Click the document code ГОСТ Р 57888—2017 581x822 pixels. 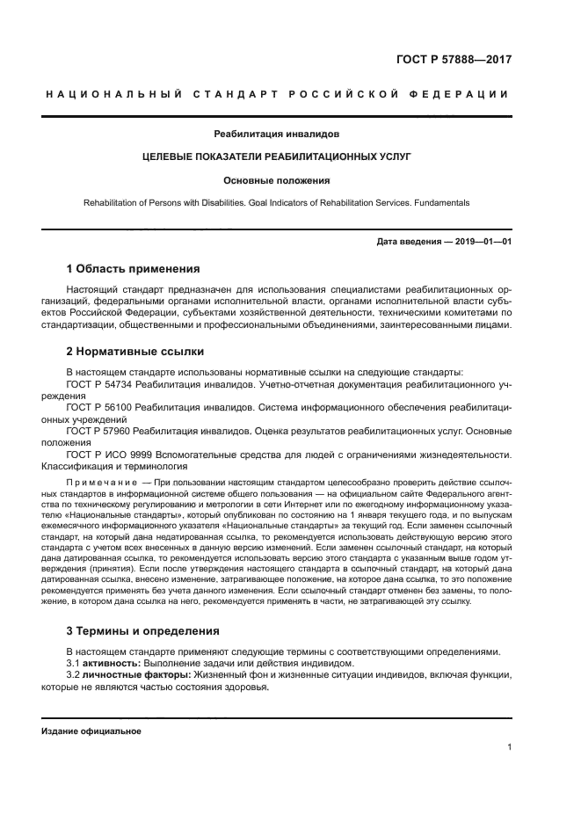tap(454, 61)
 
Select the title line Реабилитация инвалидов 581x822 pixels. tap(277, 135)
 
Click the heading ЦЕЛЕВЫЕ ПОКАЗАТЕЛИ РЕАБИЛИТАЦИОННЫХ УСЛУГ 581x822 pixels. tap(277, 157)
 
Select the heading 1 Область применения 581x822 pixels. tap(134, 269)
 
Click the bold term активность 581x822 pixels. tap(110, 663)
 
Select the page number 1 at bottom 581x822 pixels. tap(509, 747)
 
